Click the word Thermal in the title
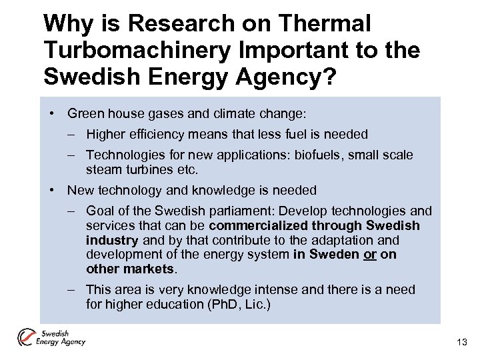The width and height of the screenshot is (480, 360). [326, 24]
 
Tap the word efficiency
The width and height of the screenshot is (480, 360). [149, 134]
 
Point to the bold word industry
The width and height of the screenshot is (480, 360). [111, 240]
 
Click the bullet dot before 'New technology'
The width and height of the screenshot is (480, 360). [52, 190]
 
